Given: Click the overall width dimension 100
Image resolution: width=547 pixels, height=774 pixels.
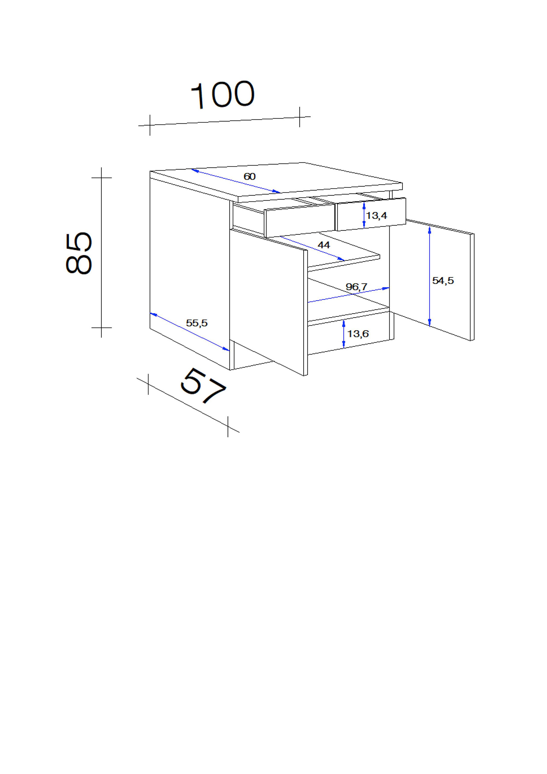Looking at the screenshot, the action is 223,94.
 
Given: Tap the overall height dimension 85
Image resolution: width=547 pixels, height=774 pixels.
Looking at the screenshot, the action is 79,253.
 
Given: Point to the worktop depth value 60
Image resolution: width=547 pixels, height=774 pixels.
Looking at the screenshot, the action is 249,176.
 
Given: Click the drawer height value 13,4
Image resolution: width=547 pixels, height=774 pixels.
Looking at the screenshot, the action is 377,216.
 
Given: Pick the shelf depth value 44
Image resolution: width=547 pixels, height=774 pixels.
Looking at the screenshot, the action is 324,245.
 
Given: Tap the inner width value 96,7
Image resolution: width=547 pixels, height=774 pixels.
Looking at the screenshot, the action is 357,287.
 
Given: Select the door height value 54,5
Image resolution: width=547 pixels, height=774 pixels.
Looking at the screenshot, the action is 443,280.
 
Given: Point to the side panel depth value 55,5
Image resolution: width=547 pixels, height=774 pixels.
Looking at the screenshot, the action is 197,323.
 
